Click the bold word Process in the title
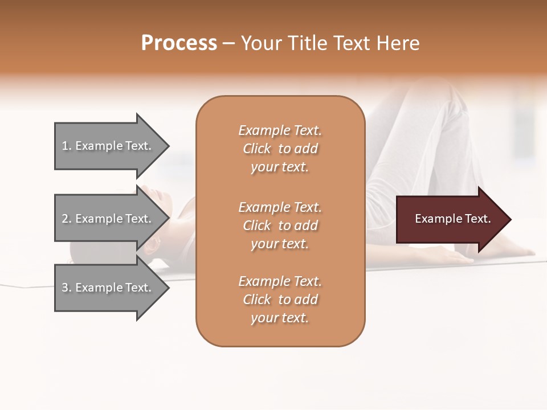[179, 43]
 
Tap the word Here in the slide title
[397, 43]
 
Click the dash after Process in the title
[228, 44]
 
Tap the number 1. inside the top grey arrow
[67, 146]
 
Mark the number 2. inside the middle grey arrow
[67, 219]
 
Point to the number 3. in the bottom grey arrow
[67, 288]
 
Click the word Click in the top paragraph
[257, 149]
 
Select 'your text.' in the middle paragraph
[280, 244]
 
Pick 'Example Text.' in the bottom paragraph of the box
[280, 281]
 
